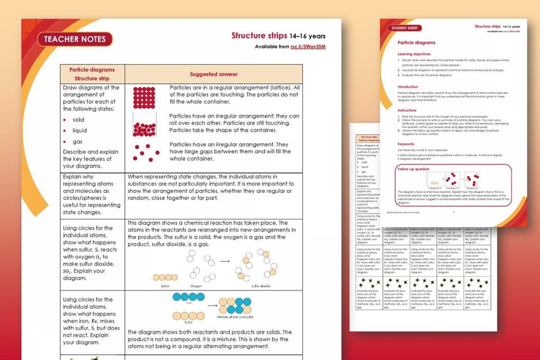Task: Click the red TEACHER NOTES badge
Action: coord(75,39)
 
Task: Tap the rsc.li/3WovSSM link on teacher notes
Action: coord(308,47)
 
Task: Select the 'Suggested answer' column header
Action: coord(213,74)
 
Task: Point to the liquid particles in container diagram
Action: coord(144,127)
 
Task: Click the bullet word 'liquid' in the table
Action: coord(80,130)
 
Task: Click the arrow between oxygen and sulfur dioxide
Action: coord(225,262)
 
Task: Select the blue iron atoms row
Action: coord(188,297)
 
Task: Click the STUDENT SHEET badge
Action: coord(405,28)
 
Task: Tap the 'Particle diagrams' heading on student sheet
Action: coord(417,43)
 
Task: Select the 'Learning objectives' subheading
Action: coord(414,54)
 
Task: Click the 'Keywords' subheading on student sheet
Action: coord(406,144)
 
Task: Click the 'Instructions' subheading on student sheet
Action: coord(407,111)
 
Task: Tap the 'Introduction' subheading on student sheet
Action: coord(408,87)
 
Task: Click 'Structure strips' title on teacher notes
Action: coord(259,36)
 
